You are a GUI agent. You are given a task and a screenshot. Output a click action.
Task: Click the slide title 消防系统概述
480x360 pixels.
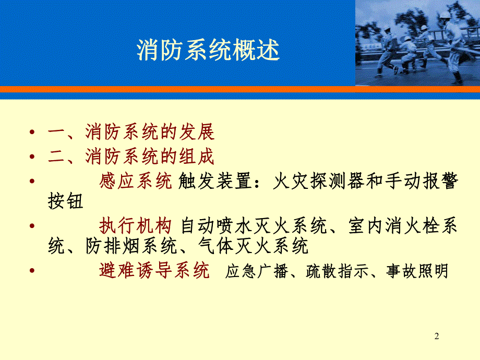[x=208, y=51]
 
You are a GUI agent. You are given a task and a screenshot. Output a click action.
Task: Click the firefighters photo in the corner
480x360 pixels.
[x=417, y=43]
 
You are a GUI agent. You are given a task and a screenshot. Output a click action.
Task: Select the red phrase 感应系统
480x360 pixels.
[x=135, y=182]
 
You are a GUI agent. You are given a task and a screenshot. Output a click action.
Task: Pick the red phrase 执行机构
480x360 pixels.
[x=135, y=226]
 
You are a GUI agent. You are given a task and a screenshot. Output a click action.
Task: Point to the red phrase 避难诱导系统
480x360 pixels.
[x=154, y=271]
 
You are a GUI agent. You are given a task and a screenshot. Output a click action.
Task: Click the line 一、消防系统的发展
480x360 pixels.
[x=131, y=133]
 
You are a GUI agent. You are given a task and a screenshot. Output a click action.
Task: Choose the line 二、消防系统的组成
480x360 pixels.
[x=131, y=157]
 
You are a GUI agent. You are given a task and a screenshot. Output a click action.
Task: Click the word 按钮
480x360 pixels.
[x=66, y=201]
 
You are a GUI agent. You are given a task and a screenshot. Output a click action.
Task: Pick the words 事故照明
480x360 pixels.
[x=417, y=271]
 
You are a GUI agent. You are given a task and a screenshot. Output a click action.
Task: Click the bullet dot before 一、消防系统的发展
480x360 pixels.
[x=33, y=134]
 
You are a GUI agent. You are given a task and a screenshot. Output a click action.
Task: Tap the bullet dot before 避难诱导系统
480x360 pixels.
[x=33, y=271]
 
